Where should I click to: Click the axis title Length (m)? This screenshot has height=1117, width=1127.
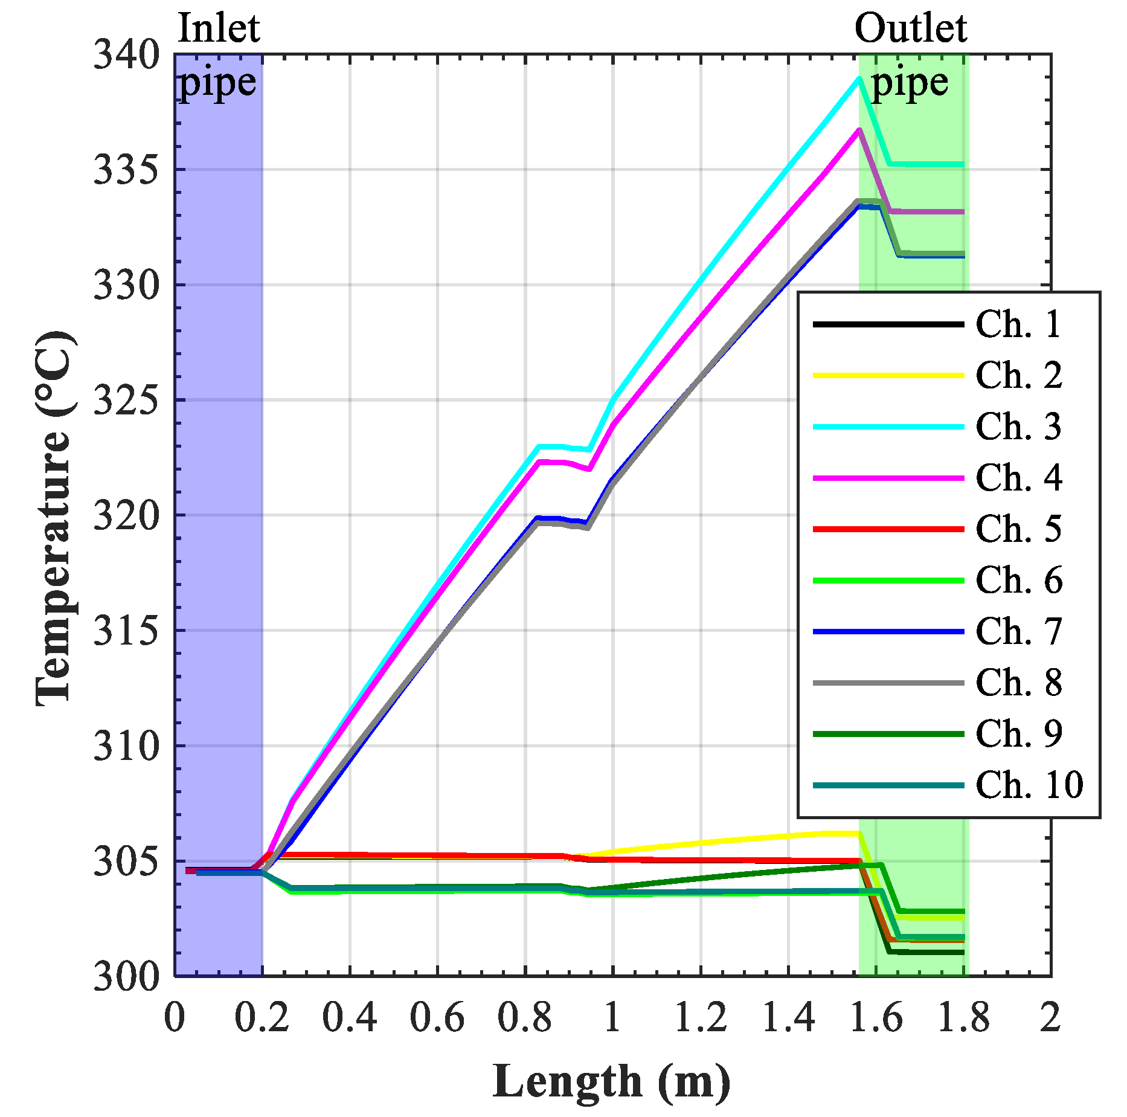click(611, 1081)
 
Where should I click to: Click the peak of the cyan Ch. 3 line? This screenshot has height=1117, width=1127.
click(858, 79)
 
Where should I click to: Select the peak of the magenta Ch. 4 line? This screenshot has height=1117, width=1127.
click(858, 130)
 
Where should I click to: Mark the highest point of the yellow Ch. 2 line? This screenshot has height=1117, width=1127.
click(846, 833)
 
